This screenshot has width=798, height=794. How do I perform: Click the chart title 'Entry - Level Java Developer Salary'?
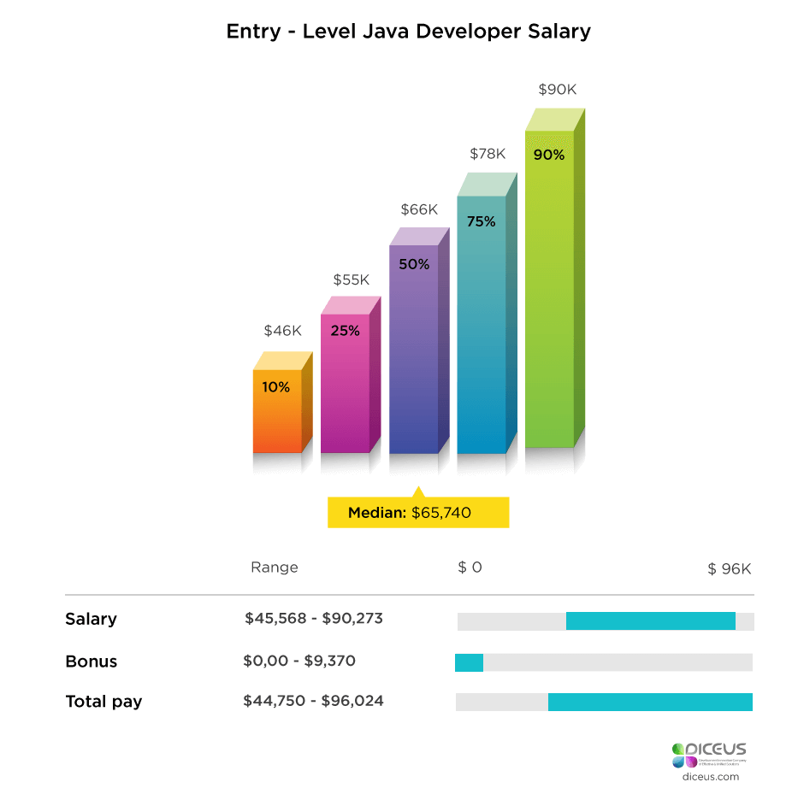(408, 32)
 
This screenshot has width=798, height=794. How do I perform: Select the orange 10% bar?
(277, 410)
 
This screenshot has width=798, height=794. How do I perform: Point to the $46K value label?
(282, 331)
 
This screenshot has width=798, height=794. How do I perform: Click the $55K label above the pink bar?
(351, 279)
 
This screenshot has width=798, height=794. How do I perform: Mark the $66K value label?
(419, 209)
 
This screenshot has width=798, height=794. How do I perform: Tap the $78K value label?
(488, 154)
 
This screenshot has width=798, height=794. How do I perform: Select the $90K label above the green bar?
(556, 89)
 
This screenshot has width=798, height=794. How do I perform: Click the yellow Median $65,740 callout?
(418, 513)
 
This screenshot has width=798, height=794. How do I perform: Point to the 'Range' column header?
(274, 568)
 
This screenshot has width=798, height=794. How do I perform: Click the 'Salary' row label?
(91, 619)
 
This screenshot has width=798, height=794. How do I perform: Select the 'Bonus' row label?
(91, 662)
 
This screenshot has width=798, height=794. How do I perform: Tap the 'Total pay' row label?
(103, 702)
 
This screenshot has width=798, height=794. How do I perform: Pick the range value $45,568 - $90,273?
(313, 619)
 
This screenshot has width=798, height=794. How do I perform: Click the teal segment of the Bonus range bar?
(469, 662)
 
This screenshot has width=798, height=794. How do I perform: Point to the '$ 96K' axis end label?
(729, 569)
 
